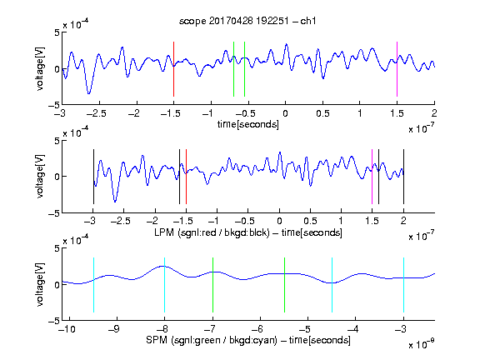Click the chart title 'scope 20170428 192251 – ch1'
[247, 21]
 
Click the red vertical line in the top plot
[173, 69]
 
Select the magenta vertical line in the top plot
[397, 69]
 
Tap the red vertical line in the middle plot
[186, 177]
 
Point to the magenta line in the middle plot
[372, 177]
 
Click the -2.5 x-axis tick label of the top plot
[96, 113]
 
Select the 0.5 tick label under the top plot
[322, 113]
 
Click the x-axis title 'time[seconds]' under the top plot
[248, 124]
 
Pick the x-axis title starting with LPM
[248, 232]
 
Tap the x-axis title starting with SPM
[248, 340]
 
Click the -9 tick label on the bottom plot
[113, 329]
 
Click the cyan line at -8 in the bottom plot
[165, 285]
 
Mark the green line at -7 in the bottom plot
[212, 285]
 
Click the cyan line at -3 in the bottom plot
[404, 285]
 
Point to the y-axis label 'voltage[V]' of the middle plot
[40, 176]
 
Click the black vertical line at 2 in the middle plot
[403, 177]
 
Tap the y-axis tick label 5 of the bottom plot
[57, 248]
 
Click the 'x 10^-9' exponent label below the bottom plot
[421, 343]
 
